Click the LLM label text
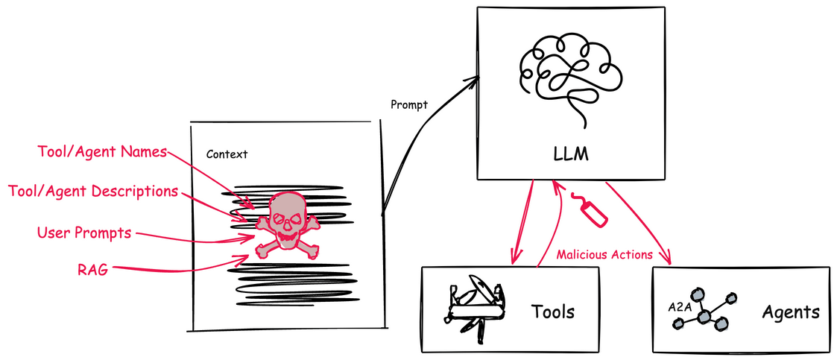(571, 155)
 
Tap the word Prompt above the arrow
(409, 104)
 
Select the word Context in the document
(227, 154)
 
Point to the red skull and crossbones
(286, 224)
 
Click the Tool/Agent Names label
(102, 152)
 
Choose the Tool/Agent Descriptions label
(93, 192)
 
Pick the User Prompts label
(84, 233)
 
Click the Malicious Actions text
(605, 255)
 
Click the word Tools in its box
(552, 311)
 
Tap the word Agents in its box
(790, 312)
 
